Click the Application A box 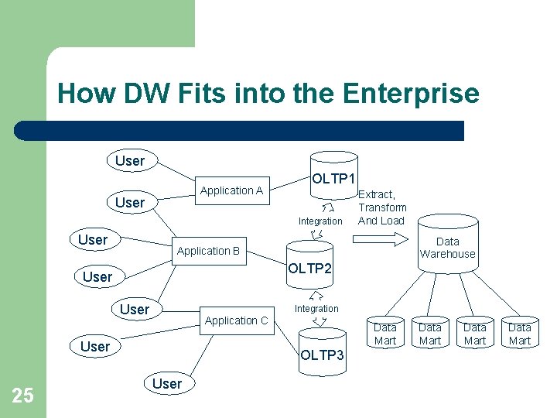pyautogui.click(x=231, y=190)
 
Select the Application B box pyautogui.click(x=208, y=251)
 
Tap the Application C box pyautogui.click(x=236, y=320)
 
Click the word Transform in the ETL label pyautogui.click(x=382, y=207)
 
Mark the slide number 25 pyautogui.click(x=23, y=396)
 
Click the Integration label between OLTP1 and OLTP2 pyautogui.click(x=320, y=221)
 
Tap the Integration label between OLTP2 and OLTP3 pyautogui.click(x=316, y=309)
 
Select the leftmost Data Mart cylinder pyautogui.click(x=384, y=334)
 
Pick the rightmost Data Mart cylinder pyautogui.click(x=520, y=334)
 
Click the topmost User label pyautogui.click(x=130, y=161)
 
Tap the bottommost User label pyautogui.click(x=167, y=384)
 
